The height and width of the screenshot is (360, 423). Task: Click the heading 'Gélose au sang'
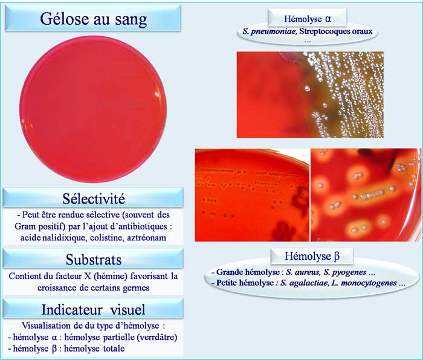(93, 19)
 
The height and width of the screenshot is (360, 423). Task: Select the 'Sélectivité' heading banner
(93, 198)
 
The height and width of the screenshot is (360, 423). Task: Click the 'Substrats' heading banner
(93, 259)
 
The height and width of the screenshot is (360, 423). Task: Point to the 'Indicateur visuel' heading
(93, 309)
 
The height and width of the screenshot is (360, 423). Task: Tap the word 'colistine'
(102, 238)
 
